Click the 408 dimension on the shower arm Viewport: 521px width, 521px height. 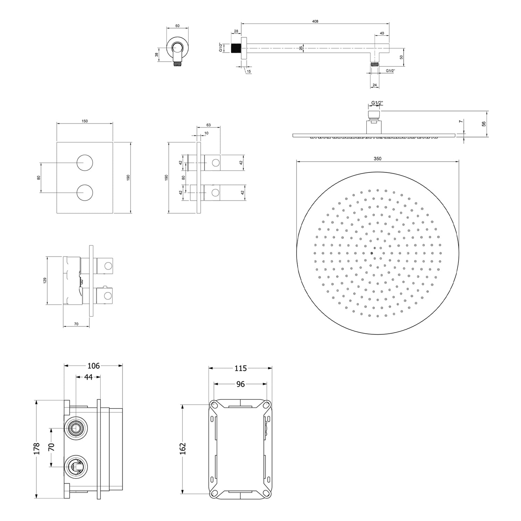[315, 21]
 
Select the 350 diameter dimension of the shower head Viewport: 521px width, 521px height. [377, 159]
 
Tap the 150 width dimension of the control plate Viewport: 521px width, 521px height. [85, 121]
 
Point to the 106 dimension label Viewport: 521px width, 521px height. [93, 366]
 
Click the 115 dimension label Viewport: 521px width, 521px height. [240, 368]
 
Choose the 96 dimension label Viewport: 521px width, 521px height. [240, 384]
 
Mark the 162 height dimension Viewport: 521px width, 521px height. [183, 448]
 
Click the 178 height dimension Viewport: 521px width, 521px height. [37, 448]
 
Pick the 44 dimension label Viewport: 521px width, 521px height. [89, 377]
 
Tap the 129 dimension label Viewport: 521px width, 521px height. [45, 281]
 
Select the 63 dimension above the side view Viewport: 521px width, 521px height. [208, 125]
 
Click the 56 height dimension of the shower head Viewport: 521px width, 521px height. [484, 124]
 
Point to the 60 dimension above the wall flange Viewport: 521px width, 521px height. [177, 26]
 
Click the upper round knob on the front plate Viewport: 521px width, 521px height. [85, 163]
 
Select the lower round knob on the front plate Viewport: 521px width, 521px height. [85, 192]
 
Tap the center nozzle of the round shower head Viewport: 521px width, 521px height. [372, 253]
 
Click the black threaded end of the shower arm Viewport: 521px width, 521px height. [236, 48]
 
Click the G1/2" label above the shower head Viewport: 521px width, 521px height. [377, 103]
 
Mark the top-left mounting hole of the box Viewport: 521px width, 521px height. [214, 405]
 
